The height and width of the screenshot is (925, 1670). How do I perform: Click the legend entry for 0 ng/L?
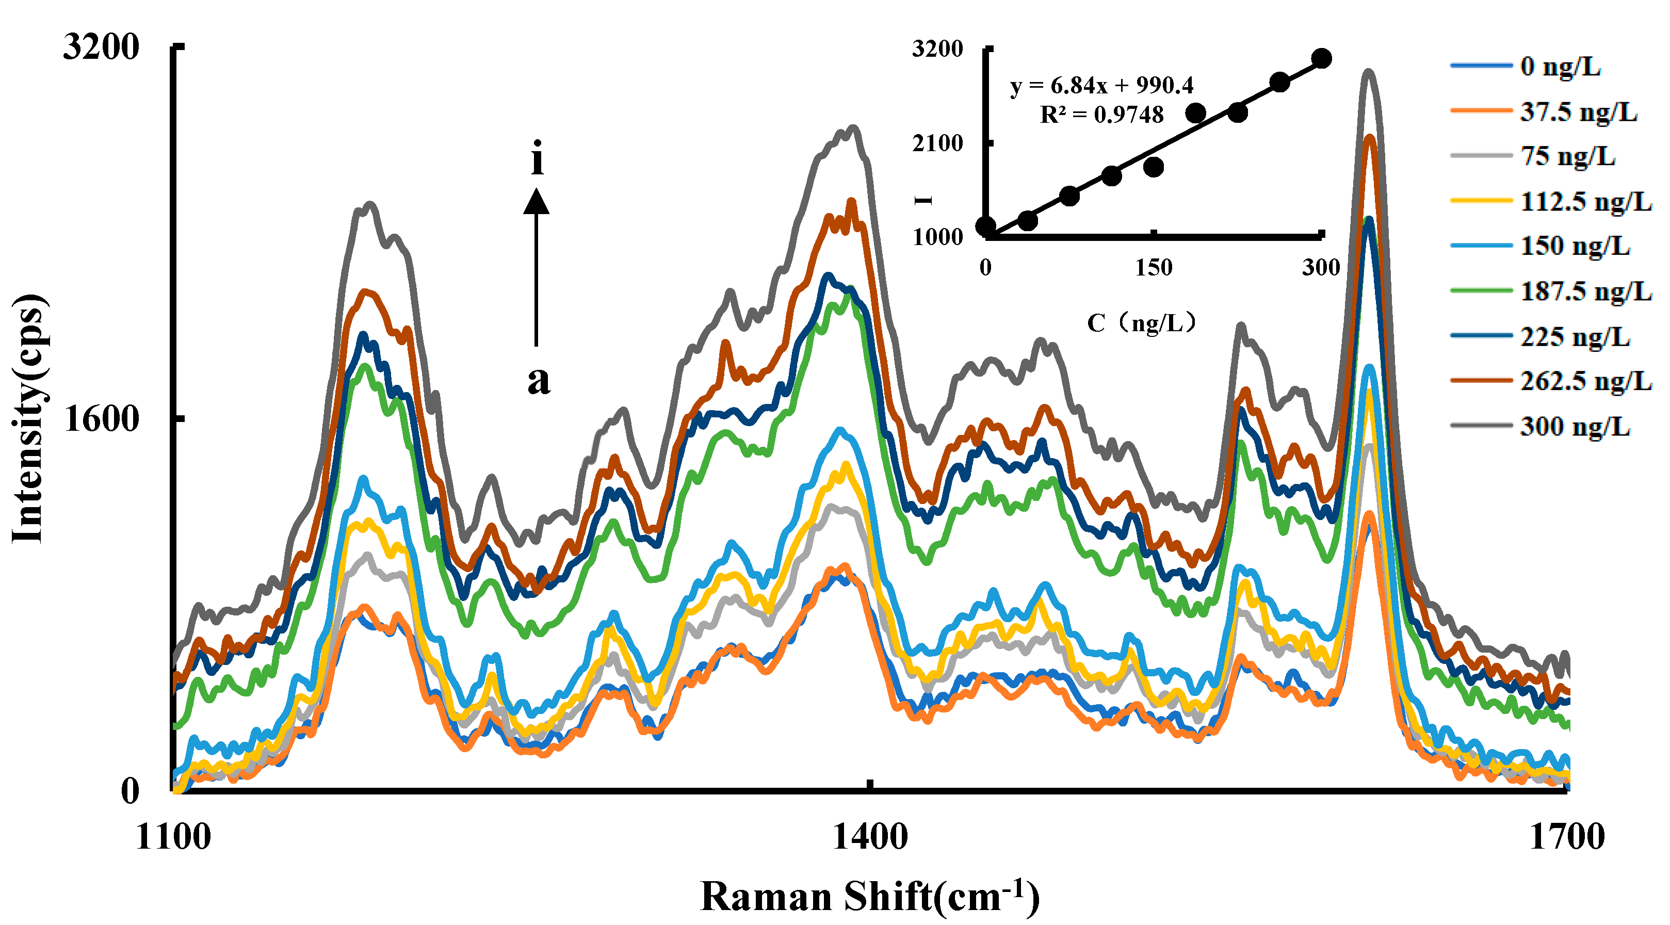[1560, 67]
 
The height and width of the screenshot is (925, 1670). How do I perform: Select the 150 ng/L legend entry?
[1575, 246]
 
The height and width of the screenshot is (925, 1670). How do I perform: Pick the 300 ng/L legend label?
[1575, 427]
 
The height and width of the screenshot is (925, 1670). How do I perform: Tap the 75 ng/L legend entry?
[1567, 156]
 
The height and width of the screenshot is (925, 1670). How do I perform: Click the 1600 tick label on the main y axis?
[101, 419]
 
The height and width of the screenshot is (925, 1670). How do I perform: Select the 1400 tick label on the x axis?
[869, 837]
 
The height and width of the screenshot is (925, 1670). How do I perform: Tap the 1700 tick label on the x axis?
[1567, 837]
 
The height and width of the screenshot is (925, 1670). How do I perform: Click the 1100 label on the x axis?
[173, 837]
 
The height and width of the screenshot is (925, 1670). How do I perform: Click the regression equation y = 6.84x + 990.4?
[1101, 85]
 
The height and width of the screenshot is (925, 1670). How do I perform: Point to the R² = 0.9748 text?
[1101, 115]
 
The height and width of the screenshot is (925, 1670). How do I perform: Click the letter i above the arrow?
[537, 158]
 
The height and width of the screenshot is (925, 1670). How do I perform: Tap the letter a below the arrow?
[538, 381]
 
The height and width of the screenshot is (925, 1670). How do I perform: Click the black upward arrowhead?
[536, 201]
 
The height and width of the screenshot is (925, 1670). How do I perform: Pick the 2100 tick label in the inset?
[937, 143]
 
